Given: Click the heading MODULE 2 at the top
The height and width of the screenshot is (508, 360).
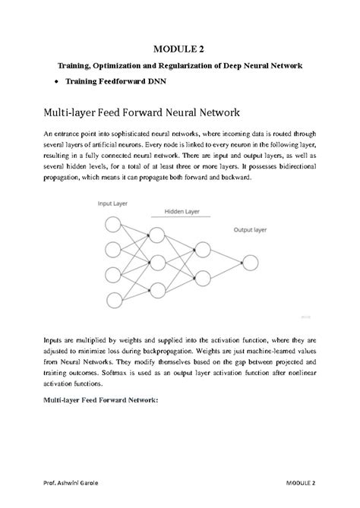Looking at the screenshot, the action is coord(180,50).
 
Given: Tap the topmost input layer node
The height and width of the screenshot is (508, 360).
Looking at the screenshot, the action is coord(112,225).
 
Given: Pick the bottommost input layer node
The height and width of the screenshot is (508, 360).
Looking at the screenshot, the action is coord(112,297).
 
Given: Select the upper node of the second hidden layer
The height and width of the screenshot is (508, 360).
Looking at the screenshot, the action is coord(202,248).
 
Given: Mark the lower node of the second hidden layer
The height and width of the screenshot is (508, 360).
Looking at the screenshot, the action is coord(202,276).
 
